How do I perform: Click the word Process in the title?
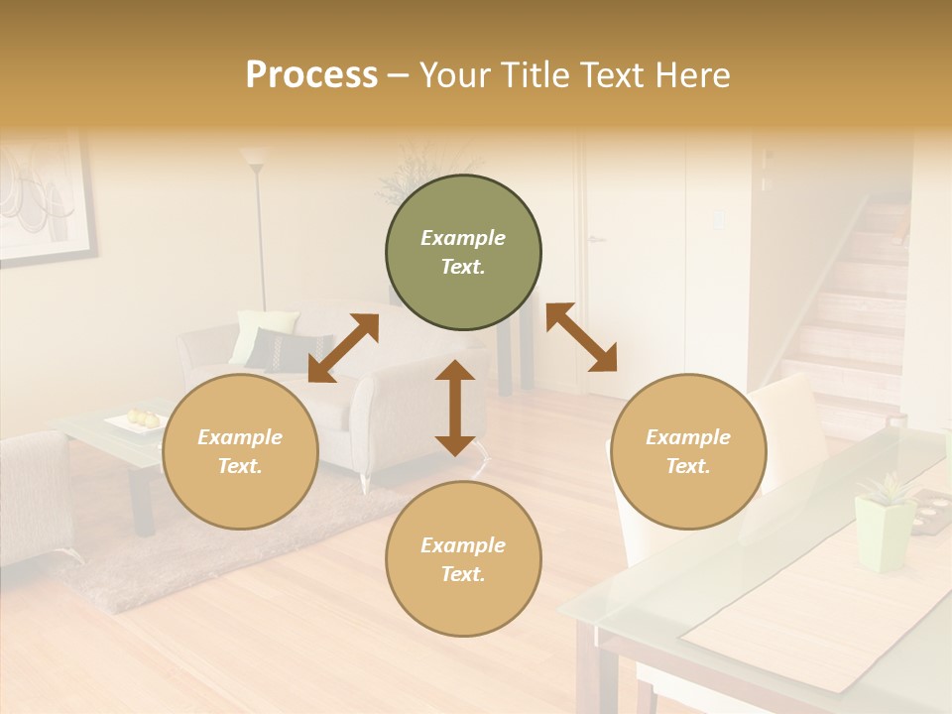tap(311, 75)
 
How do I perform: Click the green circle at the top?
tap(463, 253)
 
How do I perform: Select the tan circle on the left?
tap(240, 451)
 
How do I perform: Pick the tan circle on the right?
tap(688, 451)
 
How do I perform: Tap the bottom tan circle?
tap(463, 559)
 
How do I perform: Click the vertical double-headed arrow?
tap(455, 408)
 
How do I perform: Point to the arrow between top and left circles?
tap(343, 348)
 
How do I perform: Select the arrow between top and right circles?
tap(581, 337)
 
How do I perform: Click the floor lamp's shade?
tap(255, 157)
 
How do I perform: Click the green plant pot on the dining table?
tap(883, 533)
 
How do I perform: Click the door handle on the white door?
tap(595, 239)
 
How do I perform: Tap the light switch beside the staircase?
tap(718, 220)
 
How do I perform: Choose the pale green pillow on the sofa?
tap(260, 331)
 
